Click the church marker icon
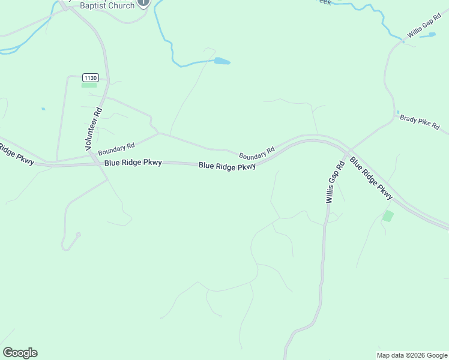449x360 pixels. point(143,2)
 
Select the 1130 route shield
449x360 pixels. point(90,77)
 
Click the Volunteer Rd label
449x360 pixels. point(94,128)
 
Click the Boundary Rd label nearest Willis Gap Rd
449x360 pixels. point(256,153)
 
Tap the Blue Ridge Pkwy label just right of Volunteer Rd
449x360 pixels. point(133,163)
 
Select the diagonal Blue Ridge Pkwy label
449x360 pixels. point(371,178)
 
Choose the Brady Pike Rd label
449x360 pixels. point(420,122)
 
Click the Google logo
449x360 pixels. point(20,353)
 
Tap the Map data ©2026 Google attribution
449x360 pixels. point(412,355)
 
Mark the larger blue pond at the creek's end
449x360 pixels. point(221,61)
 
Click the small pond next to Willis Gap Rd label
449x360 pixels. point(429,35)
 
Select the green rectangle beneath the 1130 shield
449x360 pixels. point(89,85)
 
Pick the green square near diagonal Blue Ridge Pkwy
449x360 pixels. point(388,216)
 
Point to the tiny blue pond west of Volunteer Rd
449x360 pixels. point(43,109)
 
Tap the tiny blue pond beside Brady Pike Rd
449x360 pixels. point(397,112)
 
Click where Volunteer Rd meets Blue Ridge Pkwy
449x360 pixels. point(95,162)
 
